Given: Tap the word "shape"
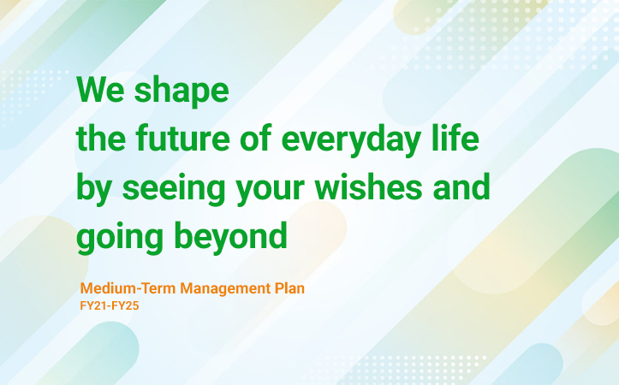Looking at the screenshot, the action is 182,92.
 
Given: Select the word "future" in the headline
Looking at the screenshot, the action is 182,138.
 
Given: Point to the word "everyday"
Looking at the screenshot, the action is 351,141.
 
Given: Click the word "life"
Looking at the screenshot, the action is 455,137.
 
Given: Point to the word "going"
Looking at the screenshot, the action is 120,238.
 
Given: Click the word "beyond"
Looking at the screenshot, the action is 230,238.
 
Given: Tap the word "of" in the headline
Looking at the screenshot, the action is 256,137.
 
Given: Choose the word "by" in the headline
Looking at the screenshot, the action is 94,189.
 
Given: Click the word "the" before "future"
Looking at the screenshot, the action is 101,137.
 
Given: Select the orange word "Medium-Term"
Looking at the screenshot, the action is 128,288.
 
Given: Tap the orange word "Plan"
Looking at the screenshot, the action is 289,288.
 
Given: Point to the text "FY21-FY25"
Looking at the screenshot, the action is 110,306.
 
